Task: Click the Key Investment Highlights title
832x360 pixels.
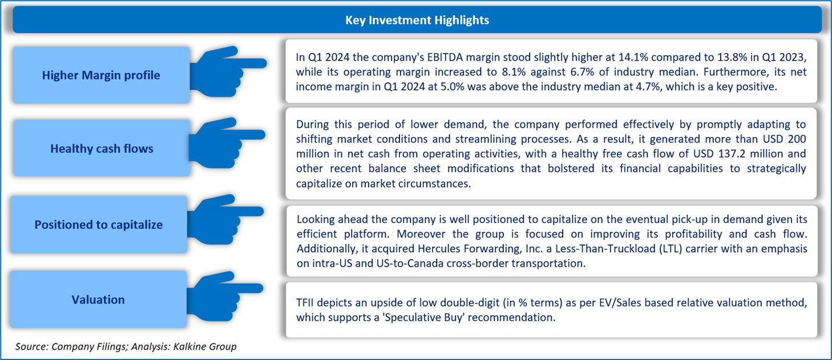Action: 417,20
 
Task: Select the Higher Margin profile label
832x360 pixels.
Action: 101,75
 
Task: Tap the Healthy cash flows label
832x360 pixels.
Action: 102,149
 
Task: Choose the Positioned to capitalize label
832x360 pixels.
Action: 98,225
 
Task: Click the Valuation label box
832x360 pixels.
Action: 98,300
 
